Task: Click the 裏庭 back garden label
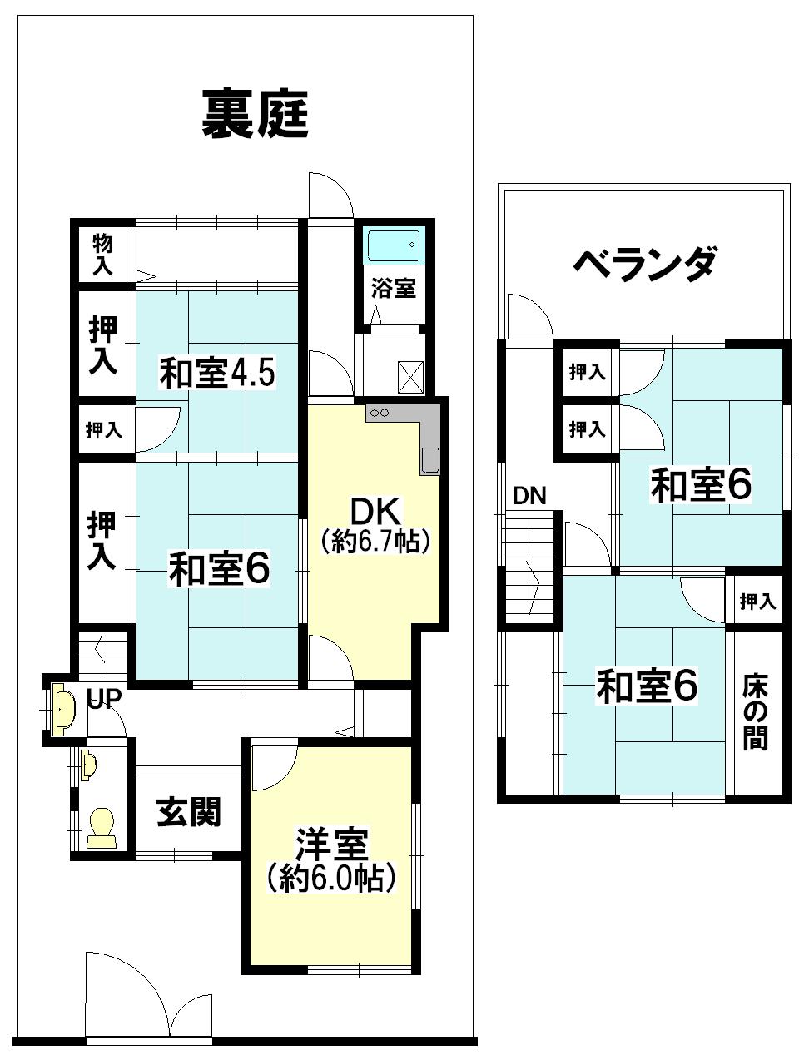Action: pyautogui.click(x=256, y=116)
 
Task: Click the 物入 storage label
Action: pyautogui.click(x=103, y=255)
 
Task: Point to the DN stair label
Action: pyautogui.click(x=529, y=497)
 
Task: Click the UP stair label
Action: pyautogui.click(x=104, y=699)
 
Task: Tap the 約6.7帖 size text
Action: pyautogui.click(x=376, y=542)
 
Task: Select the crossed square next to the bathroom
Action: pyautogui.click(x=411, y=376)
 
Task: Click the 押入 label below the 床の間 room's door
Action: pyautogui.click(x=757, y=601)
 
